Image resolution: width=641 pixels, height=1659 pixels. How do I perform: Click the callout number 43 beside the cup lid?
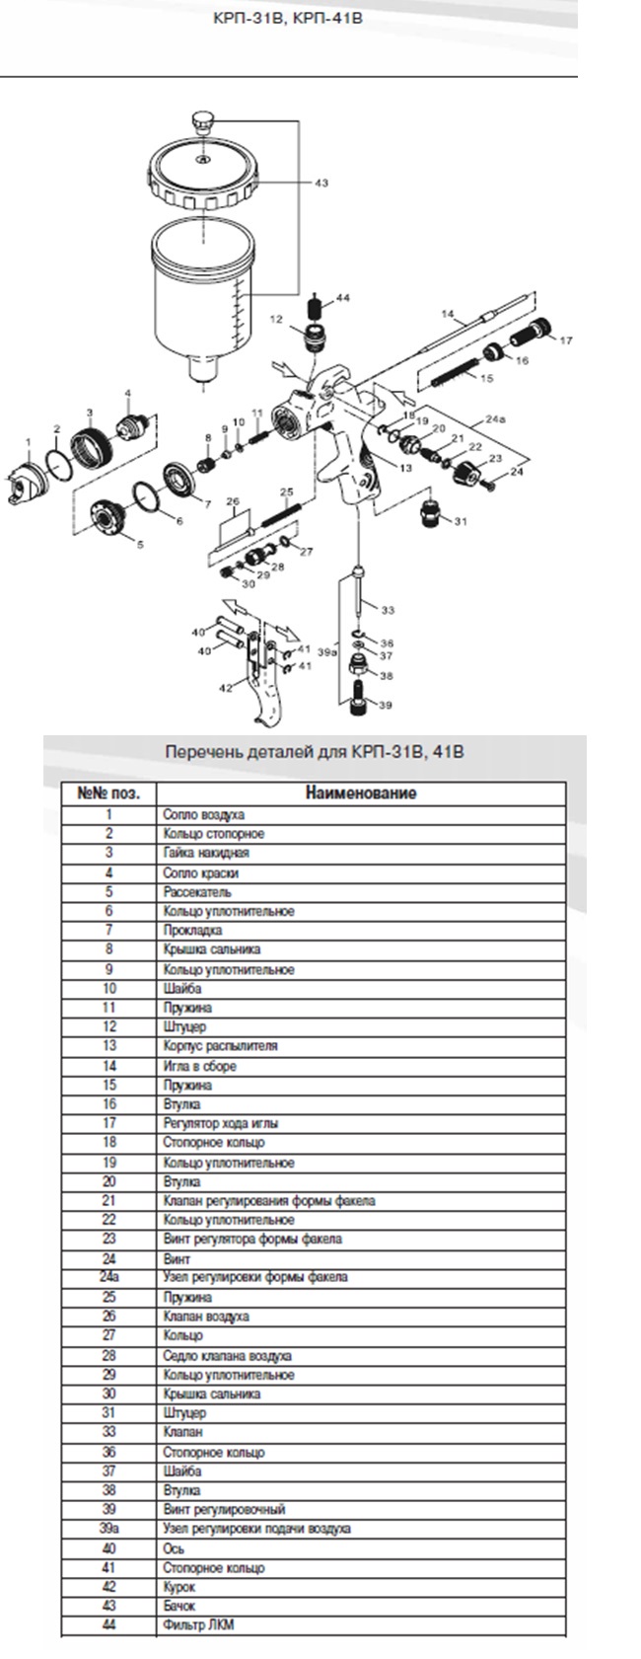click(321, 183)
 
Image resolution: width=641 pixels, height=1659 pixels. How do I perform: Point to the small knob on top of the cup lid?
click(204, 121)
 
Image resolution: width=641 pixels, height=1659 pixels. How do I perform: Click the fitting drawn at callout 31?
click(432, 515)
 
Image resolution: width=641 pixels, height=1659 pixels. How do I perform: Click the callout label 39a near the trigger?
click(327, 651)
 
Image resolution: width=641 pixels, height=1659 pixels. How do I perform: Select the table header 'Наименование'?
click(360, 792)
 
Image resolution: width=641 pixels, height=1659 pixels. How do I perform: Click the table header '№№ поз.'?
click(108, 792)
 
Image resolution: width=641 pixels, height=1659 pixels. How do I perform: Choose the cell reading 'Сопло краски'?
click(201, 872)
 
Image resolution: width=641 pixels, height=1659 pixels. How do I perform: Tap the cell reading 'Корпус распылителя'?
click(220, 1046)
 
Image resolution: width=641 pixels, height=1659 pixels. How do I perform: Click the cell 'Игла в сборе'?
click(199, 1066)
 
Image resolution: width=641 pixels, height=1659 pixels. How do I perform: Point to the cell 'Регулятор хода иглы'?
click(221, 1123)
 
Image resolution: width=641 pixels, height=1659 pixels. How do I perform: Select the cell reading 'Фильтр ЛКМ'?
click(199, 1624)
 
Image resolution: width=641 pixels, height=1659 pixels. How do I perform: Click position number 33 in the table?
click(108, 1432)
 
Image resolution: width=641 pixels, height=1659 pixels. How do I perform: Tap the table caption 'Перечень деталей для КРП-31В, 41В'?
click(314, 752)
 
